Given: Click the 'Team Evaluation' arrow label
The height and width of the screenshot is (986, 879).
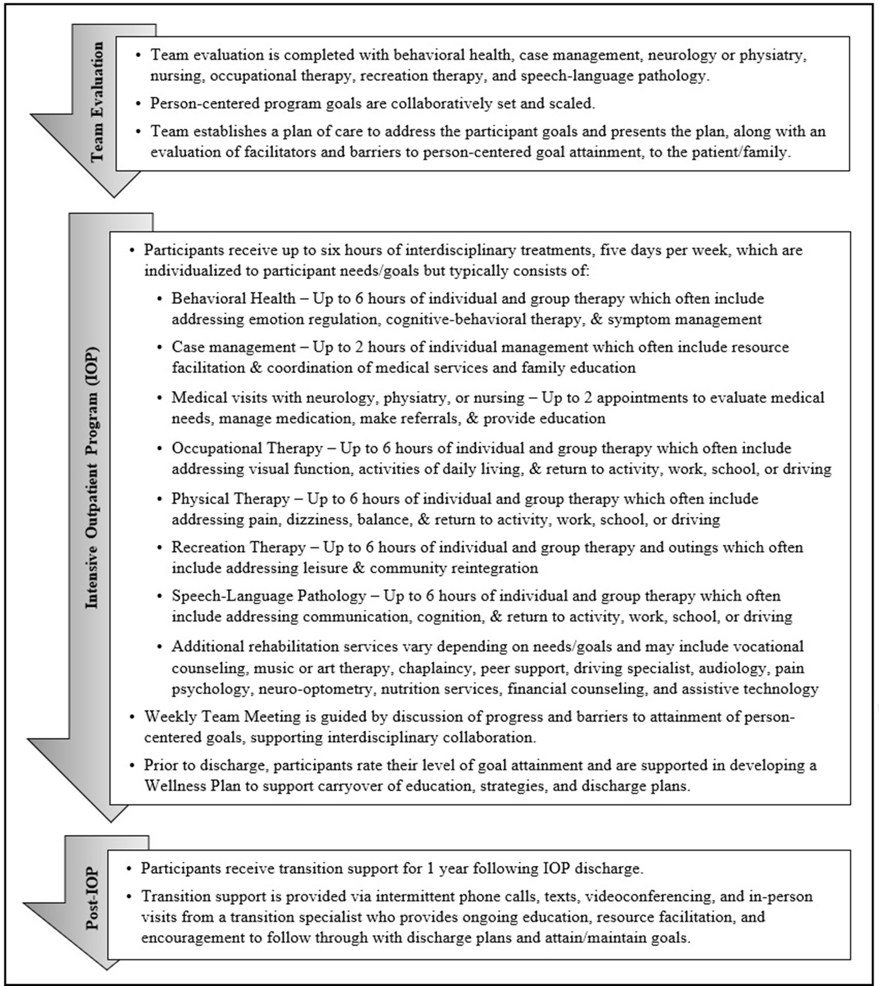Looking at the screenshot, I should coord(98,101).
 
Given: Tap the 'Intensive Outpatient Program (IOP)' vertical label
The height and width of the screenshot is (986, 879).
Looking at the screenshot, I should coord(92,478).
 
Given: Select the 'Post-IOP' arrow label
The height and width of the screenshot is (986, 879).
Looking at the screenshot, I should coord(92,899).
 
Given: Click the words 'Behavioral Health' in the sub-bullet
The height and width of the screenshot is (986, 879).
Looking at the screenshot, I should coord(234,299).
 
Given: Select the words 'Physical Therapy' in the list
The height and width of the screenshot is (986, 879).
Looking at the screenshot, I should coord(231,499).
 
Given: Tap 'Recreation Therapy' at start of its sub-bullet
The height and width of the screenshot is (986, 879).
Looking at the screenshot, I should coord(239,548).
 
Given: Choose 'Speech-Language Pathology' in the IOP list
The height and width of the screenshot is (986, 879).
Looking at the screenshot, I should coord(269,596).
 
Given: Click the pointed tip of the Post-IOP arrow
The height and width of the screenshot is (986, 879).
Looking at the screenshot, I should coord(106,969).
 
